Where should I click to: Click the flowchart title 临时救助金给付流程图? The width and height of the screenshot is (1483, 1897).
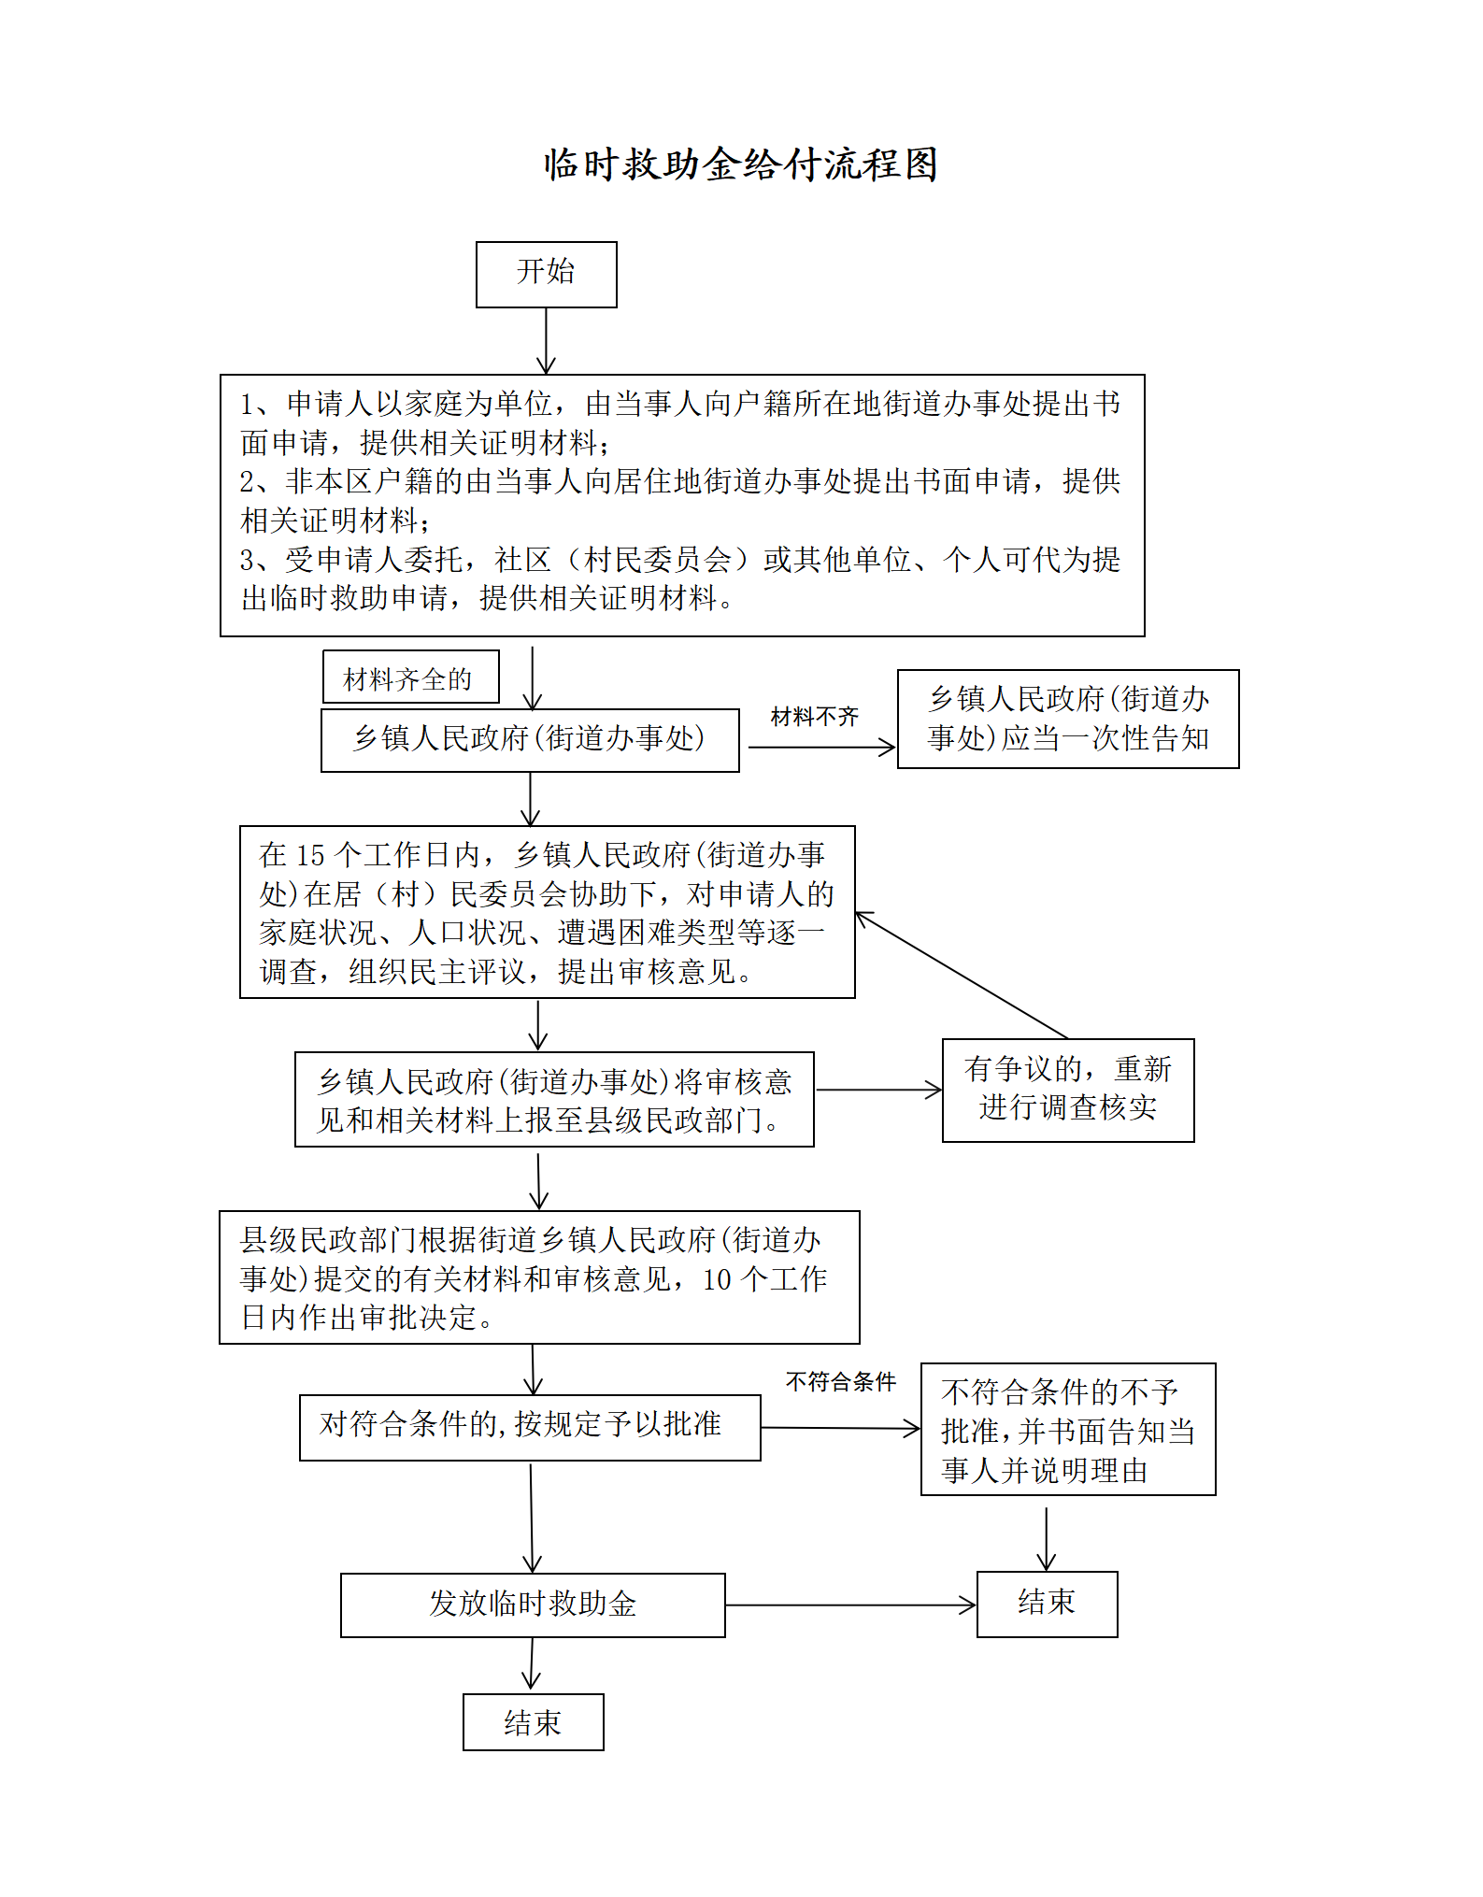740,164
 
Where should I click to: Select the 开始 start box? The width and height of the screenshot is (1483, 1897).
546,274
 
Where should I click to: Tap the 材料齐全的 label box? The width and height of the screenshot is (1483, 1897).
410,677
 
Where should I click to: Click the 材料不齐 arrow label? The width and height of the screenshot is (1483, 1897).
814,717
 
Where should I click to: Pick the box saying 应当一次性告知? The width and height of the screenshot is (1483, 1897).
1067,719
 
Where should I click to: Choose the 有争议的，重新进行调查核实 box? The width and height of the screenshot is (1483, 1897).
1067,1090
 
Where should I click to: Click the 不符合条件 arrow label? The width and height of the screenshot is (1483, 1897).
840,1381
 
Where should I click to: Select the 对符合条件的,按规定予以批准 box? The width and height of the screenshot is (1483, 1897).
529,1427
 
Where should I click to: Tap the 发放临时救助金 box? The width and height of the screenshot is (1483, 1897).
532,1605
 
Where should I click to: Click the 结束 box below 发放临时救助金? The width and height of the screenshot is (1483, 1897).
533,1721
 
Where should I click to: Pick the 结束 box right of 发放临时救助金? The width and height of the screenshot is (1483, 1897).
1046,1604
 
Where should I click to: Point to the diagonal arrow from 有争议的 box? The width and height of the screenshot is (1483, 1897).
962,975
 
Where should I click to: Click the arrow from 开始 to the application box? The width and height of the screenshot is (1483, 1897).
546,341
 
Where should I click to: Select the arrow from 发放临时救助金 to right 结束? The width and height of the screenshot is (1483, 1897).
850,1605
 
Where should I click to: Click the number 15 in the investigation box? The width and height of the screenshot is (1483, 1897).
309,855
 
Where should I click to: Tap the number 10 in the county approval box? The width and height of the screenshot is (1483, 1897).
717,1279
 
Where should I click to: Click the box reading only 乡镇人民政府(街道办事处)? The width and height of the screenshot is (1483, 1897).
529,739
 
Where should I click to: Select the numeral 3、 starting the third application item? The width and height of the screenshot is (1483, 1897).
254,560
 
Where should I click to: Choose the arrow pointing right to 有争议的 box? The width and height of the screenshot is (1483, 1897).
878,1090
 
